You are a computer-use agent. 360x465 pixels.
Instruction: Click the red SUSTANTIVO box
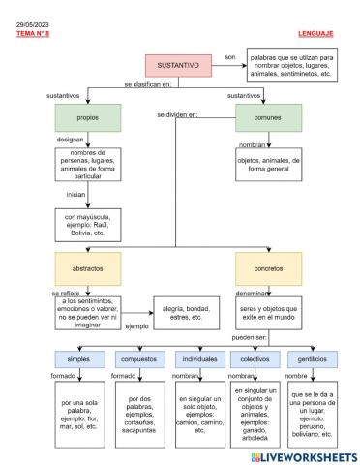point(179,65)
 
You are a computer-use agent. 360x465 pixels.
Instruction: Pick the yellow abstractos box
point(88,264)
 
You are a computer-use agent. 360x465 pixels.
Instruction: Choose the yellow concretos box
point(268,264)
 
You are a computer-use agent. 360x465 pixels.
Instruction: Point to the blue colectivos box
point(254,357)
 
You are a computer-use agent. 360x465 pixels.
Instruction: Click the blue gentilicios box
point(312,357)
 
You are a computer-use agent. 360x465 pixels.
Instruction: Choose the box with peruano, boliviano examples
point(313,411)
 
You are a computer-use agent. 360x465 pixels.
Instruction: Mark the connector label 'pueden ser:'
point(251,338)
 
